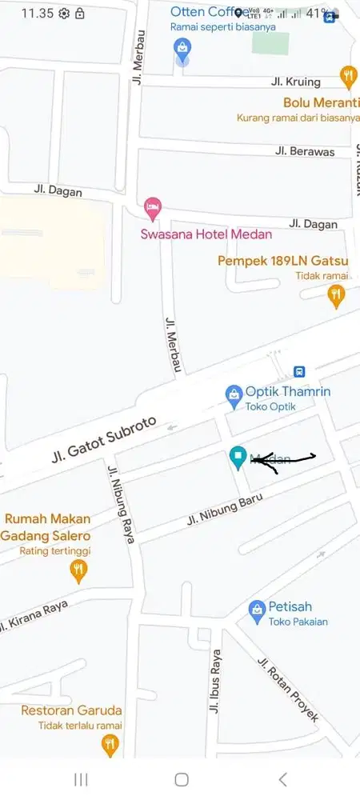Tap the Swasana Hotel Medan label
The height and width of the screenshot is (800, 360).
[206, 234]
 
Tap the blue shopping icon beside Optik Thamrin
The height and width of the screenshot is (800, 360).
[234, 394]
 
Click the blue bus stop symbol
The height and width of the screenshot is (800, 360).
[299, 371]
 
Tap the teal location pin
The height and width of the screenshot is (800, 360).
[238, 457]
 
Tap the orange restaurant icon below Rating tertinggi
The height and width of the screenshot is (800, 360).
[78, 570]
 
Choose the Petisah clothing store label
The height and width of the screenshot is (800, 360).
[288, 607]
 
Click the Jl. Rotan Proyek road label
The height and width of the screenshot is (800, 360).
[287, 689]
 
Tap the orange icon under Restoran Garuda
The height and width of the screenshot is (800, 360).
[110, 746]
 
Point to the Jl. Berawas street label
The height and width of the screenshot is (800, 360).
[304, 150]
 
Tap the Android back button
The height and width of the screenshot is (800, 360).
[282, 779]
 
